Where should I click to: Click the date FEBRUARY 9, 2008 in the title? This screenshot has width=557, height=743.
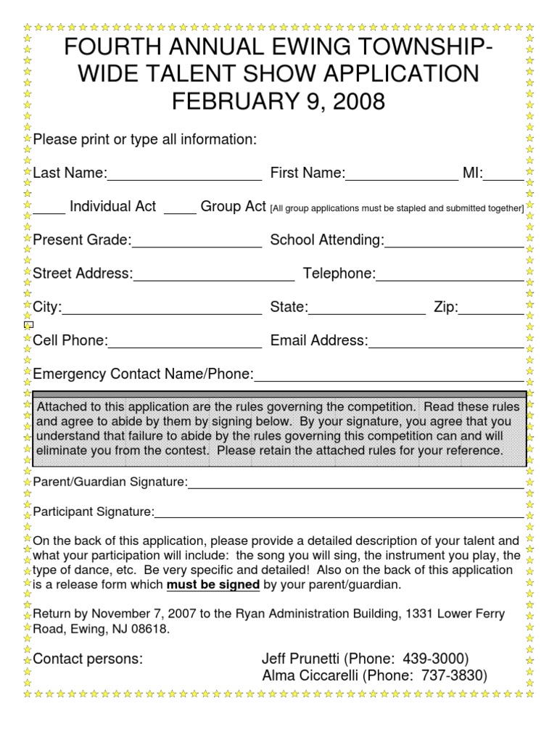click(278, 101)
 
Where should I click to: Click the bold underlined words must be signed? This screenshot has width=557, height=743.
click(213, 585)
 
